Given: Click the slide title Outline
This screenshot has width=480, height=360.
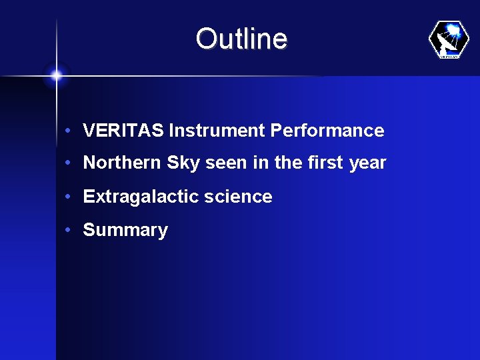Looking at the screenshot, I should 241,39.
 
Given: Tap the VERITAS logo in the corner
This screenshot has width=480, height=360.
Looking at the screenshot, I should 449,40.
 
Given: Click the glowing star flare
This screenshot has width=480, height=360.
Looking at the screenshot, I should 56,76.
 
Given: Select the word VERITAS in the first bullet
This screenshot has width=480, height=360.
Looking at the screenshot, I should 123,131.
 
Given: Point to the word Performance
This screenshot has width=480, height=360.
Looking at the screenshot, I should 327,131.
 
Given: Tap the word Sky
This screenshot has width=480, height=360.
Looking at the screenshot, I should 183,163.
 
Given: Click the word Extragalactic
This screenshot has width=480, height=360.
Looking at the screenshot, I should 137,197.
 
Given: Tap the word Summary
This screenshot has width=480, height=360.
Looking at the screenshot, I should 125,231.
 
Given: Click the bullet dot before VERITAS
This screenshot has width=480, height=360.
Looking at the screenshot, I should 69,131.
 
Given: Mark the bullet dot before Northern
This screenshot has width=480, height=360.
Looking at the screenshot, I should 69,163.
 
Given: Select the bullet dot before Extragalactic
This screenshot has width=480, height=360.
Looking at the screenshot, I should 69,197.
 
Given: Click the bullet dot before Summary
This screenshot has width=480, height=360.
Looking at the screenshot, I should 69,230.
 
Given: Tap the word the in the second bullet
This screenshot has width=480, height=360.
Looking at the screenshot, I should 288,163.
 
